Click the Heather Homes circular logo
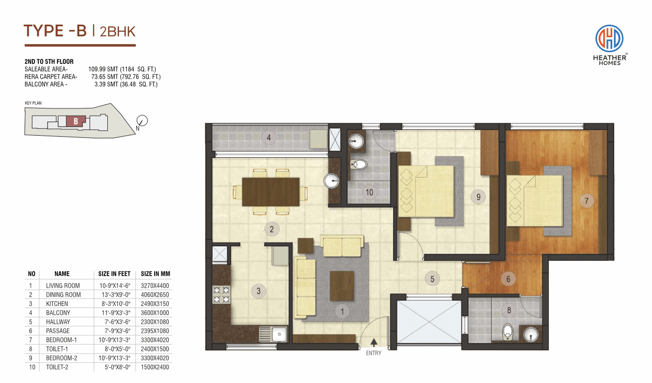(x=609, y=39)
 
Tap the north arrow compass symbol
(x=142, y=121)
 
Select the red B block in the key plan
(x=76, y=121)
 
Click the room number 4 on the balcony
(x=269, y=137)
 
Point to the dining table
(x=271, y=192)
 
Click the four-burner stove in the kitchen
(x=221, y=295)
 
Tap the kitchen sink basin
(x=279, y=334)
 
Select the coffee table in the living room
(x=342, y=286)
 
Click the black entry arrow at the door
(x=374, y=342)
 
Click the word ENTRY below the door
(x=373, y=353)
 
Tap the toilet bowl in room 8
(x=507, y=332)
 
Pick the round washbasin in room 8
(x=531, y=334)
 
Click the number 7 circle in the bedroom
(x=587, y=201)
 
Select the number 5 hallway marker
(x=432, y=279)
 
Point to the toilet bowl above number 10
(x=359, y=165)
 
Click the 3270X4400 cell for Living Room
(x=155, y=286)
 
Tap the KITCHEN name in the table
(x=57, y=304)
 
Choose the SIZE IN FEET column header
(x=114, y=274)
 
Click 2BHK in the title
(x=118, y=32)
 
